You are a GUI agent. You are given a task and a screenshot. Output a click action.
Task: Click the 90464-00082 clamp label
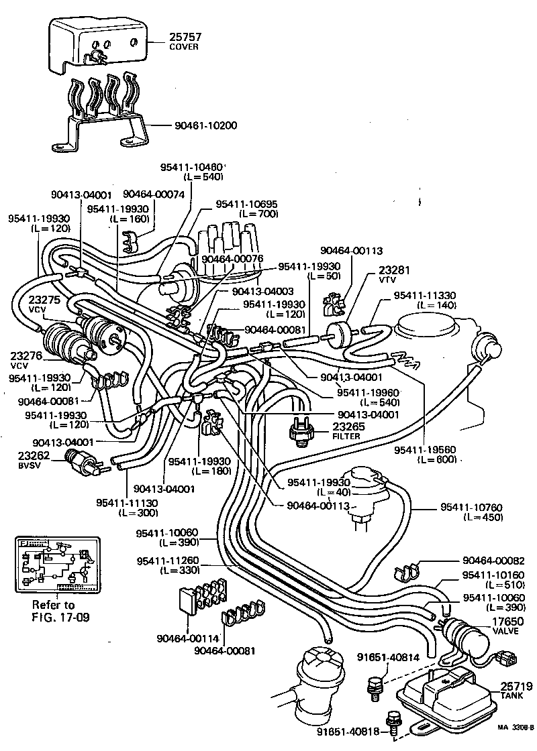tap(493, 560)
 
